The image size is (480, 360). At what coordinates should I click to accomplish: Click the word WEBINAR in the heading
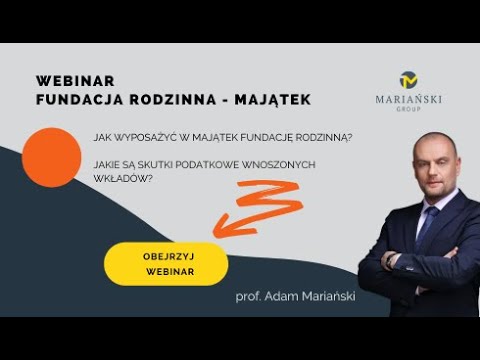tap(75, 80)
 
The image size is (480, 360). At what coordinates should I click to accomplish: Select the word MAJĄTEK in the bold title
tap(270, 99)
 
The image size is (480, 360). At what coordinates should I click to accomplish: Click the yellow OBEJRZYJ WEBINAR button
tap(166, 262)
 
